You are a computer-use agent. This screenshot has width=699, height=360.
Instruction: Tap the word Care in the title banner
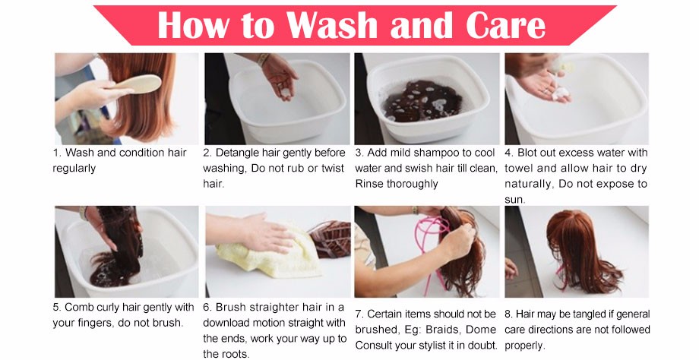coord(505,24)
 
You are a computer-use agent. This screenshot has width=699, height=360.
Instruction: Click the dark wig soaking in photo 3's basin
coord(421,101)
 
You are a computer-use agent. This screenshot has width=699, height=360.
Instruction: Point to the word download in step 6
coord(225,323)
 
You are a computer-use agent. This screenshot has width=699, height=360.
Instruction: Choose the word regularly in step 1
coord(74,169)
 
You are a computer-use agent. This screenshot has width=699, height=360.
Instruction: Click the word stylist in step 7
coord(449,346)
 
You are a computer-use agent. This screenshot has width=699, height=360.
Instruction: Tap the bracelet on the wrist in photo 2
coord(263,59)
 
